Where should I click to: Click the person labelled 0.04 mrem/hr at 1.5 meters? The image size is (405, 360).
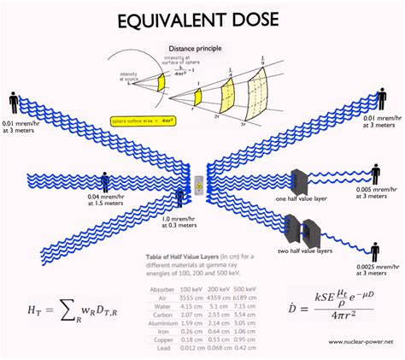pyautogui.click(x=105, y=182)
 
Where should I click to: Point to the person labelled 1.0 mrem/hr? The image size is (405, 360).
pyautogui.click(x=179, y=198)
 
